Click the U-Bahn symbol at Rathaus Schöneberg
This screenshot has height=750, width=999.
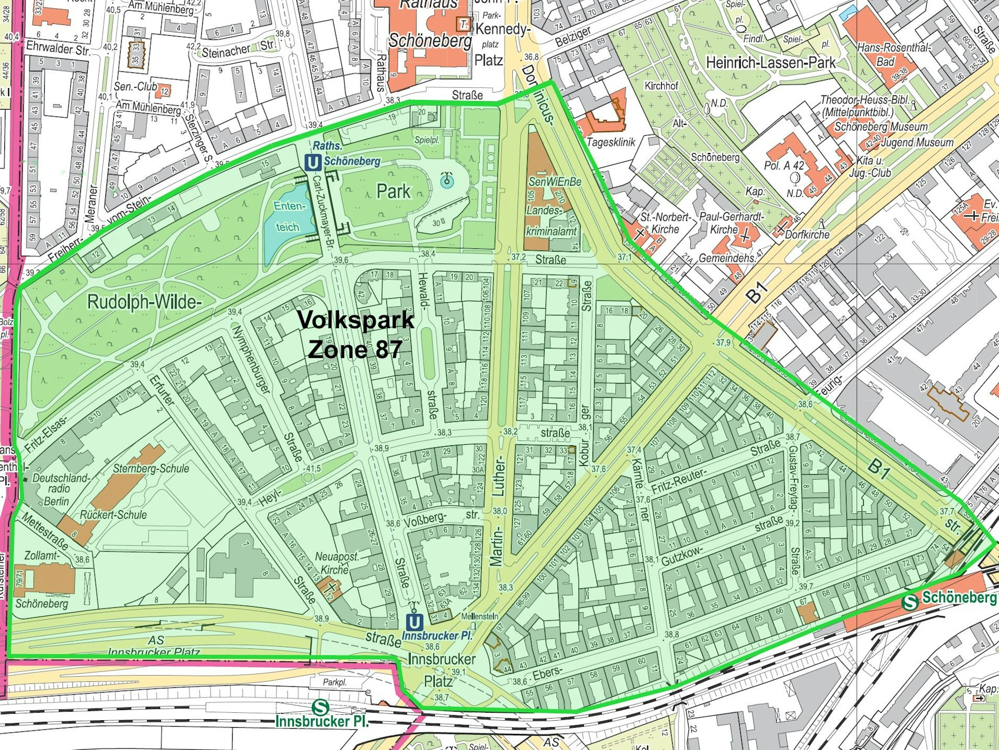pyautogui.click(x=312, y=162)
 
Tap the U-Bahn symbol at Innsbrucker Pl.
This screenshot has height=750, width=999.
pyautogui.click(x=414, y=622)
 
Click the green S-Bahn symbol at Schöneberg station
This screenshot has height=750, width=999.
pyautogui.click(x=911, y=602)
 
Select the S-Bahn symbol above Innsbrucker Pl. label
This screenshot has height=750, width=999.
pyautogui.click(x=320, y=707)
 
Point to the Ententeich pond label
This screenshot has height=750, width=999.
pyautogui.click(x=287, y=216)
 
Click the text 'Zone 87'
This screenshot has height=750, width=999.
pyautogui.click(x=354, y=349)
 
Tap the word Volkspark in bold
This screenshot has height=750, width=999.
pyautogui.click(x=355, y=320)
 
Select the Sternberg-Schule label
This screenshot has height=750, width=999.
pyautogui.click(x=151, y=468)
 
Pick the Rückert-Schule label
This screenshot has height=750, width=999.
pyautogui.click(x=113, y=514)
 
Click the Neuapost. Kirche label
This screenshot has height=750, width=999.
pyautogui.click(x=337, y=563)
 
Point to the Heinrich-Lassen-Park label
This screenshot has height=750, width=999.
pyautogui.click(x=770, y=63)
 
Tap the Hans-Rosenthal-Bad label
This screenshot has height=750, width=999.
pyautogui.click(x=893, y=54)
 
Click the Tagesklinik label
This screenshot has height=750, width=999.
pyautogui.click(x=611, y=143)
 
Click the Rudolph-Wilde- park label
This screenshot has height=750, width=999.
pyautogui.click(x=145, y=302)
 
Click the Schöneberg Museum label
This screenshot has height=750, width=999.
pyautogui.click(x=881, y=127)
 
